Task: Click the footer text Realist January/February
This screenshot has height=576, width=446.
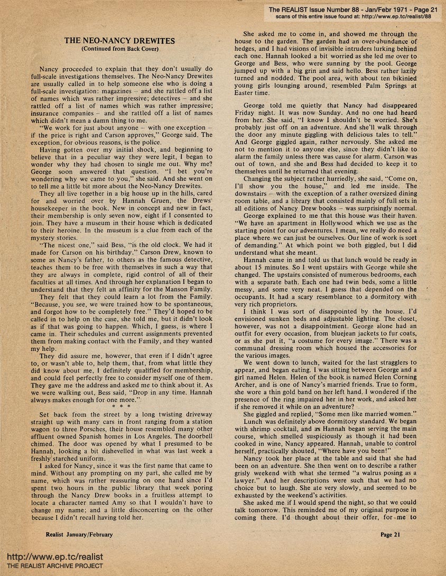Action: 79,534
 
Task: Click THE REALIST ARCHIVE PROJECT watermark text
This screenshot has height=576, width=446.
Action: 52,566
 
